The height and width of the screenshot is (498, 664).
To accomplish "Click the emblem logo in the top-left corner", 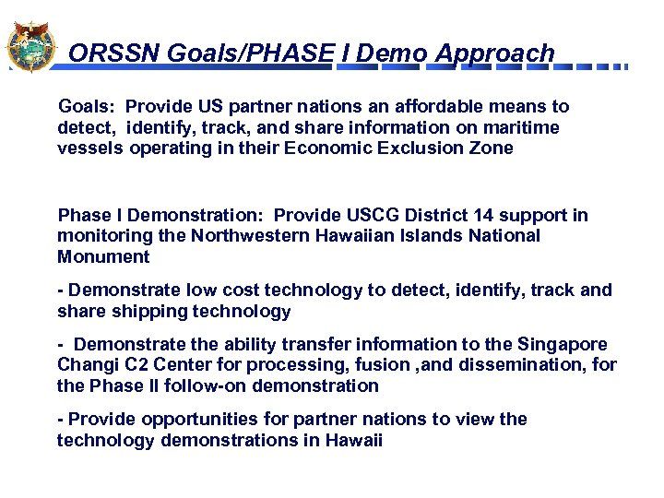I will click(30, 46).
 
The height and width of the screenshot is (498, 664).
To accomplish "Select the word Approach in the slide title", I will click(495, 53).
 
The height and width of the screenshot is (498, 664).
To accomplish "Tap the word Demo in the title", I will click(392, 53).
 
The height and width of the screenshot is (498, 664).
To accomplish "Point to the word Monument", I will click(102, 256).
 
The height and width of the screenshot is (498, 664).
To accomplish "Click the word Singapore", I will click(562, 344).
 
